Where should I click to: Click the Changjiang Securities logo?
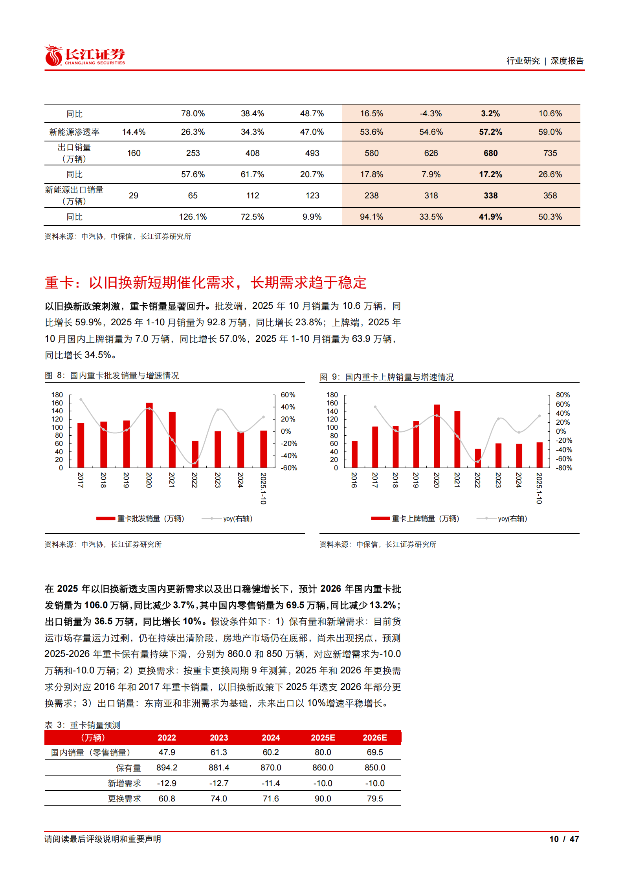click(x=85, y=55)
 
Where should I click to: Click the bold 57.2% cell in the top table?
click(x=490, y=132)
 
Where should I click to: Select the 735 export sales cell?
click(x=550, y=153)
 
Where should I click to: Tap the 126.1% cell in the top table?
click(x=193, y=217)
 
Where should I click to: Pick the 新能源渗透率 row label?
click(x=74, y=132)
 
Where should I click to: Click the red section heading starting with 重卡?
click(x=206, y=282)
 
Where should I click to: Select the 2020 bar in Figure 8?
click(x=149, y=435)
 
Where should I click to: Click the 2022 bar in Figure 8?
click(x=195, y=454)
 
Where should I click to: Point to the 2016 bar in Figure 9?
click(x=354, y=454)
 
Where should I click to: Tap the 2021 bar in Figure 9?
click(x=457, y=439)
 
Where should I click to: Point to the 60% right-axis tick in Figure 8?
click(x=288, y=395)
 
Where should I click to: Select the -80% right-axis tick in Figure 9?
click(x=563, y=468)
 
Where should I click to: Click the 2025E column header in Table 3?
click(x=323, y=737)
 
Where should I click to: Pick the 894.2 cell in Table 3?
click(x=167, y=768)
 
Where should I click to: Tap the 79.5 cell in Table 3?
click(x=374, y=799)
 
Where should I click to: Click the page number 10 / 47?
click(x=563, y=839)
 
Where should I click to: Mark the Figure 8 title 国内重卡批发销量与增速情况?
click(x=125, y=376)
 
